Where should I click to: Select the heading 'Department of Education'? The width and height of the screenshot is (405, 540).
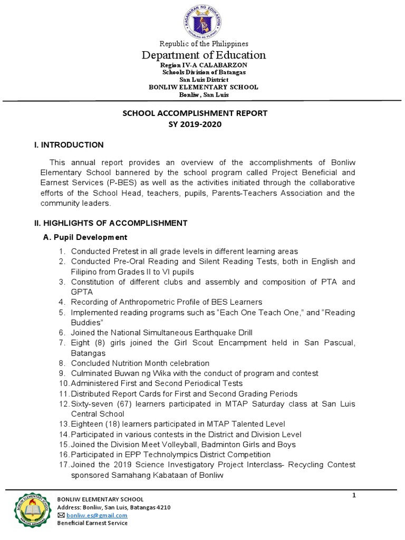(202, 55)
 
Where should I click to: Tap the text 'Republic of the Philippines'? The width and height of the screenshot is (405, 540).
(202, 44)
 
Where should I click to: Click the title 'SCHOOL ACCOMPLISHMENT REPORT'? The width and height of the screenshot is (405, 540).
(195, 113)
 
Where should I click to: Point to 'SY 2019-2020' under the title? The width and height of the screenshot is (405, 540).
(195, 124)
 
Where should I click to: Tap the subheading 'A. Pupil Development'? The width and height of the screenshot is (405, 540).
(85, 237)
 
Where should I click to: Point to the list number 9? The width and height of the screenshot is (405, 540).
(62, 373)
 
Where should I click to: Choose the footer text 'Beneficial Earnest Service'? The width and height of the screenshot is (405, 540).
(92, 523)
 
